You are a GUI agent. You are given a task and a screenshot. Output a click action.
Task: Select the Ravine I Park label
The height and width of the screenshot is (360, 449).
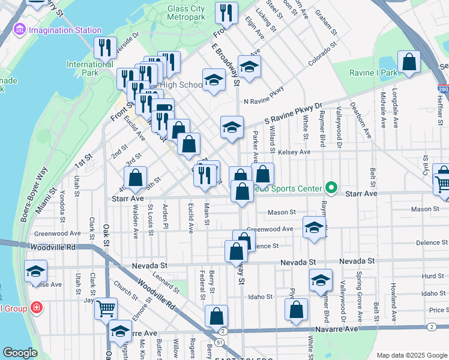click(374, 73)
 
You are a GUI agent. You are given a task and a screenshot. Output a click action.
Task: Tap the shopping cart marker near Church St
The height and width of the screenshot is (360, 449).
click(106, 308)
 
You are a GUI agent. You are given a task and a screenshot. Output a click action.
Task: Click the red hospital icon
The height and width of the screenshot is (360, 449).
click(37, 308)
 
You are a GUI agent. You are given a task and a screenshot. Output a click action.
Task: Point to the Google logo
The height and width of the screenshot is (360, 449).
click(20, 353)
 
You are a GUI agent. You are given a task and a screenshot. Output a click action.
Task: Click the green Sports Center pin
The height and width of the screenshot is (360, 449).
click(330, 188)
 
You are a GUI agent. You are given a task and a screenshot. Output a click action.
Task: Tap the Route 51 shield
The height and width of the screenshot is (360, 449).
click(220, 342)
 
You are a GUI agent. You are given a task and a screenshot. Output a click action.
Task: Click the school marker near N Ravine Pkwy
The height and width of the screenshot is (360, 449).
click(249, 66)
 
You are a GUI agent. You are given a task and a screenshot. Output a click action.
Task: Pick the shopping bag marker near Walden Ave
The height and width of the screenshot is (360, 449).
click(135, 177)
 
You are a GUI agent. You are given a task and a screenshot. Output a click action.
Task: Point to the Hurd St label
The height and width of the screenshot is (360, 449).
click(432, 276)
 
